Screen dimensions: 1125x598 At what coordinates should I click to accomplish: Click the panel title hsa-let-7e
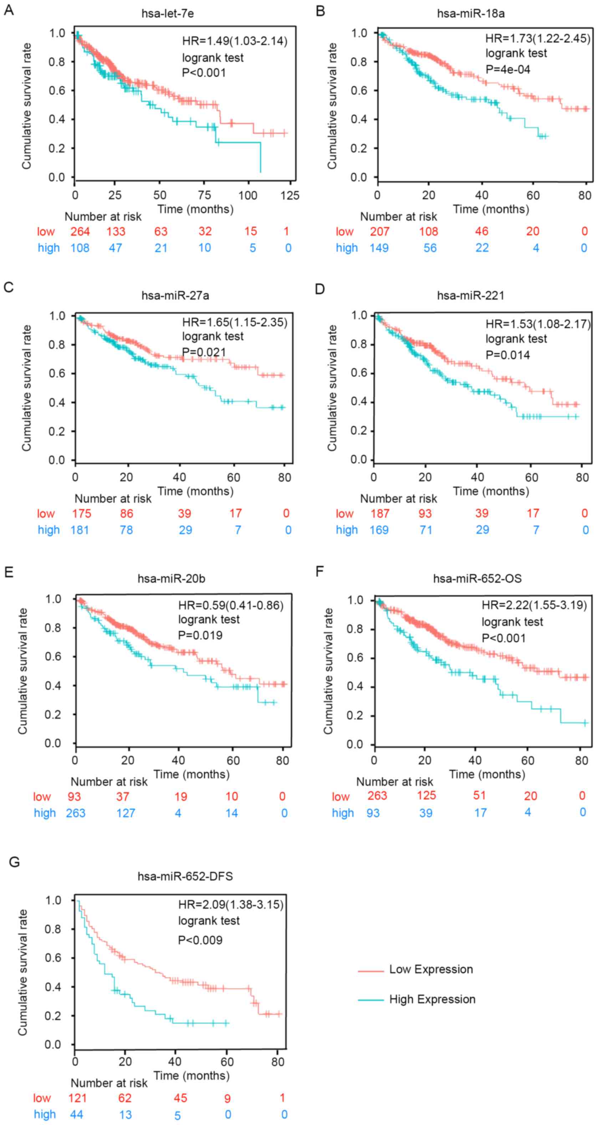point(168,14)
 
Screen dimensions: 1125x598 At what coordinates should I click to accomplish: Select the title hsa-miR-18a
point(471,14)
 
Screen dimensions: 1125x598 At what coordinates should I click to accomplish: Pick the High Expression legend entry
point(432,999)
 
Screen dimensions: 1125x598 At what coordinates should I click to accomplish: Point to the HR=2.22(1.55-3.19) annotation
point(534,605)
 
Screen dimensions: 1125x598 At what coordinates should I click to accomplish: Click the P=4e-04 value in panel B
point(508,69)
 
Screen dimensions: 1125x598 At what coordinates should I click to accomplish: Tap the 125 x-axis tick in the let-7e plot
point(290,195)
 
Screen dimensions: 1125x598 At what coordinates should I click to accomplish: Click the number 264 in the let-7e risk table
point(80,231)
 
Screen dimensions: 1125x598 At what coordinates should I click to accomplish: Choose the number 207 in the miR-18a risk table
point(379,231)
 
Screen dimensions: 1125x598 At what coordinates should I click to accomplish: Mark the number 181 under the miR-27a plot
point(80,530)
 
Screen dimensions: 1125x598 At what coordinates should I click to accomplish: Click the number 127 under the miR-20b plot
point(126,813)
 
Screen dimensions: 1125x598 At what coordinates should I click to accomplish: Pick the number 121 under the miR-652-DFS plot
point(78,1098)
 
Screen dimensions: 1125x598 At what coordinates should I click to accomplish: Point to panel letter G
point(14,862)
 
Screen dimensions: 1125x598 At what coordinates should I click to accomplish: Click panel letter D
point(320,289)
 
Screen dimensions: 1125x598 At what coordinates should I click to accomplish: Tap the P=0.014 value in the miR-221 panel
point(508,355)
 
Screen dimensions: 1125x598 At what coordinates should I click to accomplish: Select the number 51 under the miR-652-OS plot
point(479,795)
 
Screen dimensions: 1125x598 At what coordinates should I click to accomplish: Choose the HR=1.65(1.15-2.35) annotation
point(235,322)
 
